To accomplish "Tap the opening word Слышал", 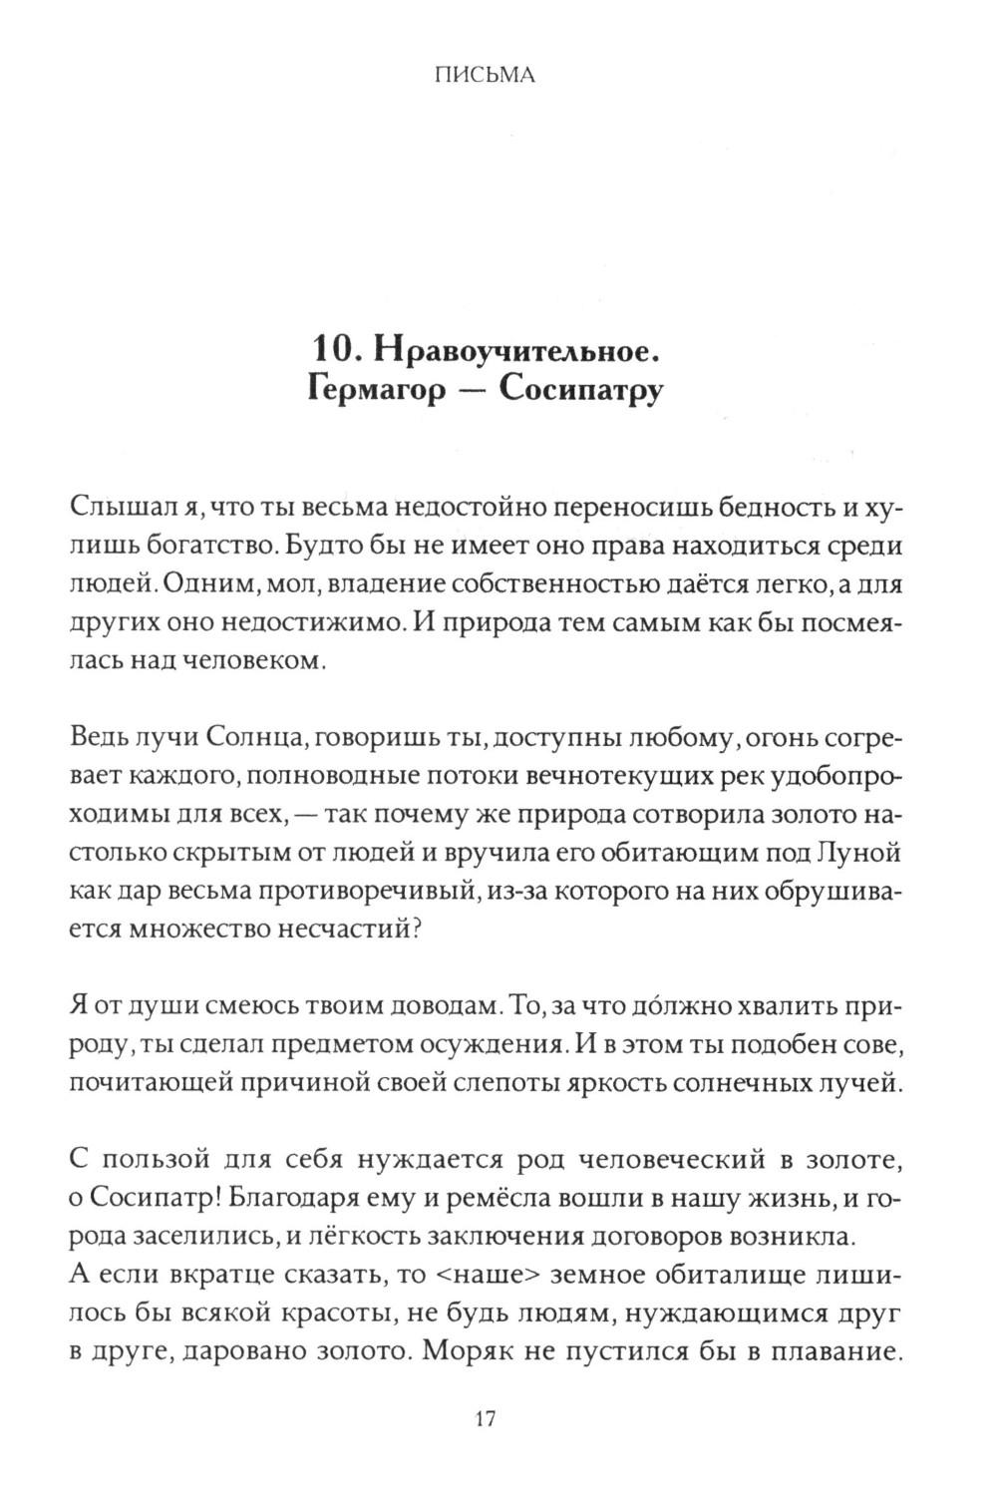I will point(111,508).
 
